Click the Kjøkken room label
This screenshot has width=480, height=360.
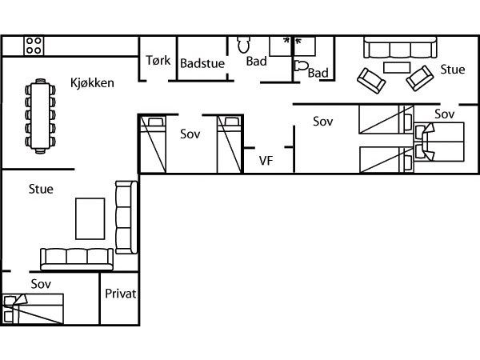tap(92, 83)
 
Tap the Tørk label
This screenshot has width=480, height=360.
tap(158, 60)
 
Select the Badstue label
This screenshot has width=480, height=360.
tap(202, 63)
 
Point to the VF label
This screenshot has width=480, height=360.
tap(266, 161)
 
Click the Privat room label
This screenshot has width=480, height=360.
tap(120, 294)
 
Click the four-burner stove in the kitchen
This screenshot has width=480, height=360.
tap(34, 46)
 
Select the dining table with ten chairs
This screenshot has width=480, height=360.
tap(40, 116)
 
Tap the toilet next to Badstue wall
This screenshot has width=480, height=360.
tap(244, 45)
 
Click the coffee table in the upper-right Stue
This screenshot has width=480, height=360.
tap(397, 68)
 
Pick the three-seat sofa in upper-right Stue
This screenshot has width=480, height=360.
tap(400, 47)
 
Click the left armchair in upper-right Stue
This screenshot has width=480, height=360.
tap(371, 81)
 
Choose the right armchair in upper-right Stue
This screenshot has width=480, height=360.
tap(420, 78)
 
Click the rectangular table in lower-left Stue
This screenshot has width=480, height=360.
tap(90, 218)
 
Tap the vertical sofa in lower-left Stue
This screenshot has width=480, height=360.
tap(126, 218)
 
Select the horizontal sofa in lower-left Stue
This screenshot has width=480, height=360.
tap(77, 259)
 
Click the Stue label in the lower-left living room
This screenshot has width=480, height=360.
tap(41, 189)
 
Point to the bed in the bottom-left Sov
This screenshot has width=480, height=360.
tap(33, 309)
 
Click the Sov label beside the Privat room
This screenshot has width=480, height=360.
tap(41, 284)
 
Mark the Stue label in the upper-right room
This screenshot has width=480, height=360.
tap(453, 70)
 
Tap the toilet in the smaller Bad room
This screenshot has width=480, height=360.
tap(302, 66)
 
